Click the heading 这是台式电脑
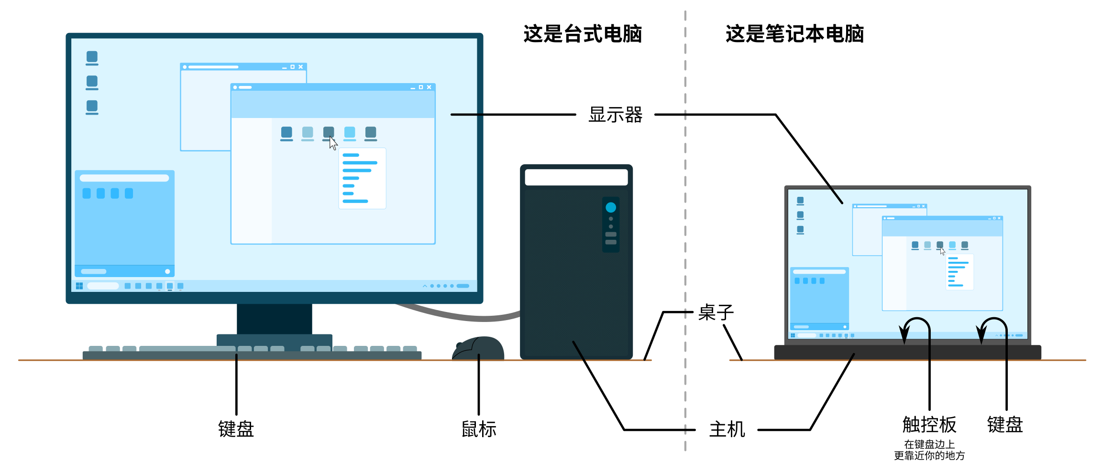pos(582,34)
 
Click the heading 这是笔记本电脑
pos(794,34)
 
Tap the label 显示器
pos(615,115)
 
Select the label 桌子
pos(716,312)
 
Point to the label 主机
pos(727,429)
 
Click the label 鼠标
pos(478,429)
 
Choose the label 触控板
pos(929,424)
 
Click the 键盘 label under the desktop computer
pos(236,429)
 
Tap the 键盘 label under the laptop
pos(1005,424)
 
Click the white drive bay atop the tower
pos(576,177)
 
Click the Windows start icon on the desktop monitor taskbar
pos(79,286)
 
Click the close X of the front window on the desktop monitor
pos(429,87)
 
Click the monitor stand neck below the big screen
pos(274,319)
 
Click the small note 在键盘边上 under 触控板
pos(929,444)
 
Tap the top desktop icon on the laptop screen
pos(800,201)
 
